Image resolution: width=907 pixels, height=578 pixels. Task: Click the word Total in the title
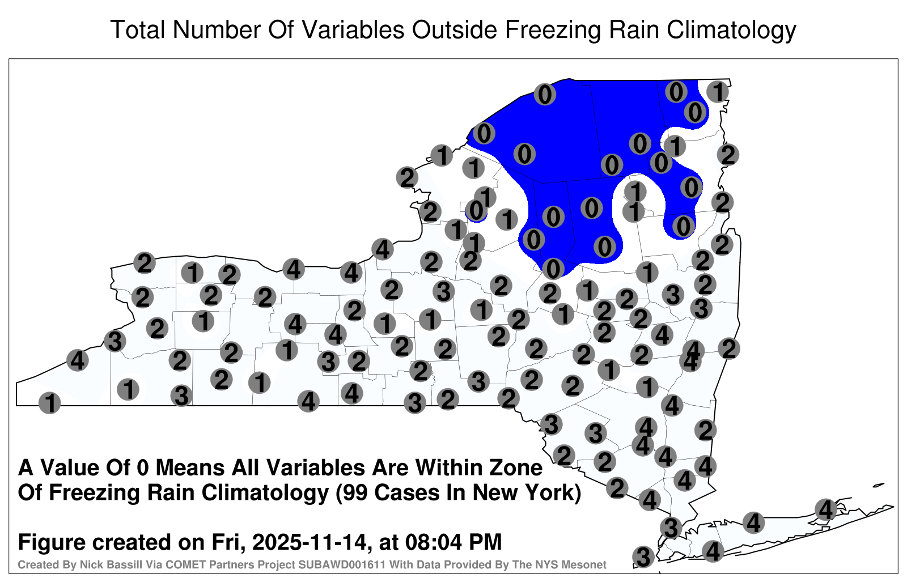(138, 29)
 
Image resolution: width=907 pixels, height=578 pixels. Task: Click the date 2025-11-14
(308, 542)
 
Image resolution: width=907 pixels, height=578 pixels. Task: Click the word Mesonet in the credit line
(587, 564)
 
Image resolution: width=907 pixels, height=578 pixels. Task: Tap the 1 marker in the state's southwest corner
(49, 403)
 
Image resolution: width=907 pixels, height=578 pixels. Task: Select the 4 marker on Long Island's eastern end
(825, 509)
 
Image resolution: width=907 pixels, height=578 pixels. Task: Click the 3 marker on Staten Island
(643, 556)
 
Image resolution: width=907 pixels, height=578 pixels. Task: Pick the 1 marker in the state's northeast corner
(718, 91)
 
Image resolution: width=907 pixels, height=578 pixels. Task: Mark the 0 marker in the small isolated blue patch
(476, 210)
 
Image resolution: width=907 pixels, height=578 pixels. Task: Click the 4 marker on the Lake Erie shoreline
(77, 360)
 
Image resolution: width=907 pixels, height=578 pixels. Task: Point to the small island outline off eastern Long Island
(879, 485)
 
